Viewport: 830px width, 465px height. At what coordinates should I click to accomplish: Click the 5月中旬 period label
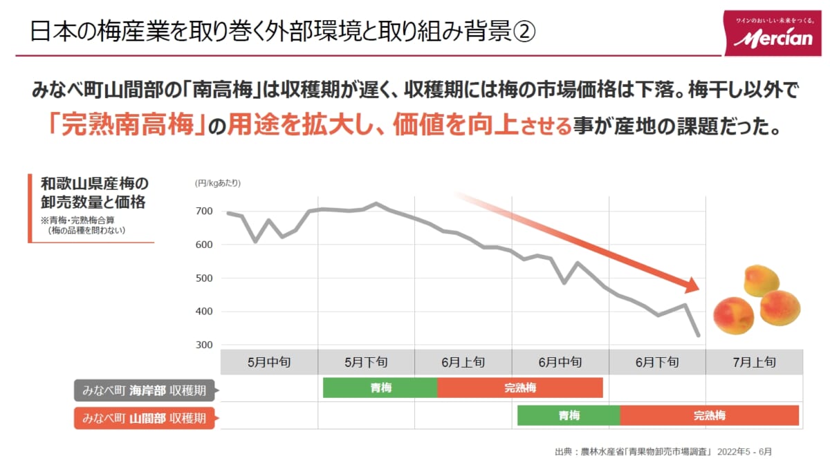click(268, 362)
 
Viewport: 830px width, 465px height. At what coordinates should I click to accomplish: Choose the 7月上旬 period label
click(753, 362)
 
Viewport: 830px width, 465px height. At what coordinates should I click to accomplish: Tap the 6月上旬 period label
click(463, 362)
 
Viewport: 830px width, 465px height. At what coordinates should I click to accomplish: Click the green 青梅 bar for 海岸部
click(380, 388)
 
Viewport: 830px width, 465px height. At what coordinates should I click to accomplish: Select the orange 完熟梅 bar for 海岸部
click(520, 388)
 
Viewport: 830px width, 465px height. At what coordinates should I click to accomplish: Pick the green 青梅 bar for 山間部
click(569, 415)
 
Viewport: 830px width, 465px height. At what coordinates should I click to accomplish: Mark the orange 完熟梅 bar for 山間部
click(710, 415)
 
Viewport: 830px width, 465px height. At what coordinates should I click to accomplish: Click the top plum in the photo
click(761, 280)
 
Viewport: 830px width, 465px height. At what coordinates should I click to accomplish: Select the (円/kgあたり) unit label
click(217, 183)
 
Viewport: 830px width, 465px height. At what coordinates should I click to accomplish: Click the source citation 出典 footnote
click(663, 452)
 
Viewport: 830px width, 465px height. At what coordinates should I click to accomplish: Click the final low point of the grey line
click(699, 336)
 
